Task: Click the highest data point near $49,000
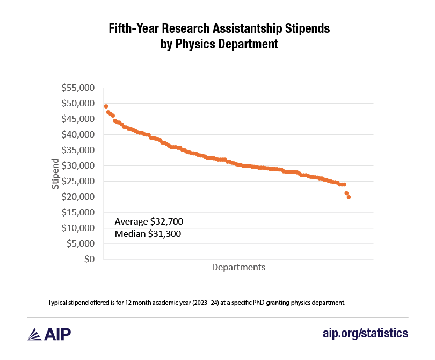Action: (106, 106)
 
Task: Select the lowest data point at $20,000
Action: (349, 197)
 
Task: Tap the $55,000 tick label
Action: (79, 88)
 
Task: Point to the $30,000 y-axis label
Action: (79, 165)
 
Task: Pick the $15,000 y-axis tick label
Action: (79, 212)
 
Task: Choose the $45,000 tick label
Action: (79, 119)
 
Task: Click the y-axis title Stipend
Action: (55, 173)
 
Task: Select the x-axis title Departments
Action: (238, 267)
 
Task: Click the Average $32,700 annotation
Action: (153, 221)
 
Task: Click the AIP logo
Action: (49, 334)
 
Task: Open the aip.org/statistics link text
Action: (365, 334)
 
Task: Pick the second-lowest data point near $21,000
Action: (346, 193)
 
